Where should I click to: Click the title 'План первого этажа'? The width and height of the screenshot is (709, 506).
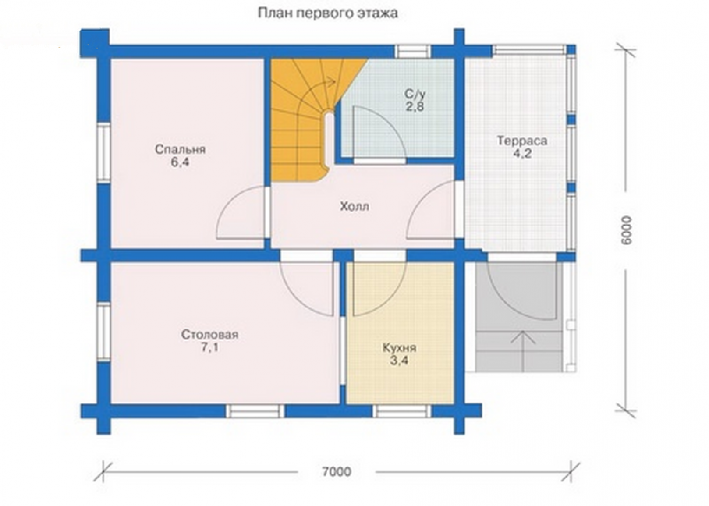pyautogui.click(x=328, y=13)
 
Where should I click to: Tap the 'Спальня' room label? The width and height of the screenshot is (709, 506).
pyautogui.click(x=180, y=149)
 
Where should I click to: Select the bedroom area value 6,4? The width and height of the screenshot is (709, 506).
pyautogui.click(x=180, y=163)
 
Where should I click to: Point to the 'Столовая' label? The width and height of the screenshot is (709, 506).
pyautogui.click(x=209, y=335)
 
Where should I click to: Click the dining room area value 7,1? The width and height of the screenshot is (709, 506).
pyautogui.click(x=209, y=347)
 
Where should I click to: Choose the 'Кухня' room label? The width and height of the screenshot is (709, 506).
pyautogui.click(x=400, y=348)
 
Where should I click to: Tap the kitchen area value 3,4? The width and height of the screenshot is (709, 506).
pyautogui.click(x=400, y=361)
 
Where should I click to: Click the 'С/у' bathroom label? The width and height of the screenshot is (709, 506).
pyautogui.click(x=414, y=95)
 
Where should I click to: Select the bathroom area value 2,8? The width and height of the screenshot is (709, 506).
pyautogui.click(x=414, y=106)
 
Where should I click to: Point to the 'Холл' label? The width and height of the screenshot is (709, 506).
pyautogui.click(x=354, y=206)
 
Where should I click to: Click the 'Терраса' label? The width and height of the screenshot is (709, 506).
pyautogui.click(x=522, y=141)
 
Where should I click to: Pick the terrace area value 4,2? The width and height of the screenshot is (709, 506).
pyautogui.click(x=522, y=153)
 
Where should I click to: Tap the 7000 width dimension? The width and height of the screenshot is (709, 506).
pyautogui.click(x=337, y=471)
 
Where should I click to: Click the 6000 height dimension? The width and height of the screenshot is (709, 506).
pyautogui.click(x=627, y=230)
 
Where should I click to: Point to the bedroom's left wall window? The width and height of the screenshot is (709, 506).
pyautogui.click(x=104, y=152)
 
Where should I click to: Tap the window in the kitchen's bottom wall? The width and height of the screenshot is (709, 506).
pyautogui.click(x=402, y=411)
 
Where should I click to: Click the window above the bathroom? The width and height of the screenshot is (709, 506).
pyautogui.click(x=413, y=51)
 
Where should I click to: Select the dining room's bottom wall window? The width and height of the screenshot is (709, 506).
pyautogui.click(x=255, y=411)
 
